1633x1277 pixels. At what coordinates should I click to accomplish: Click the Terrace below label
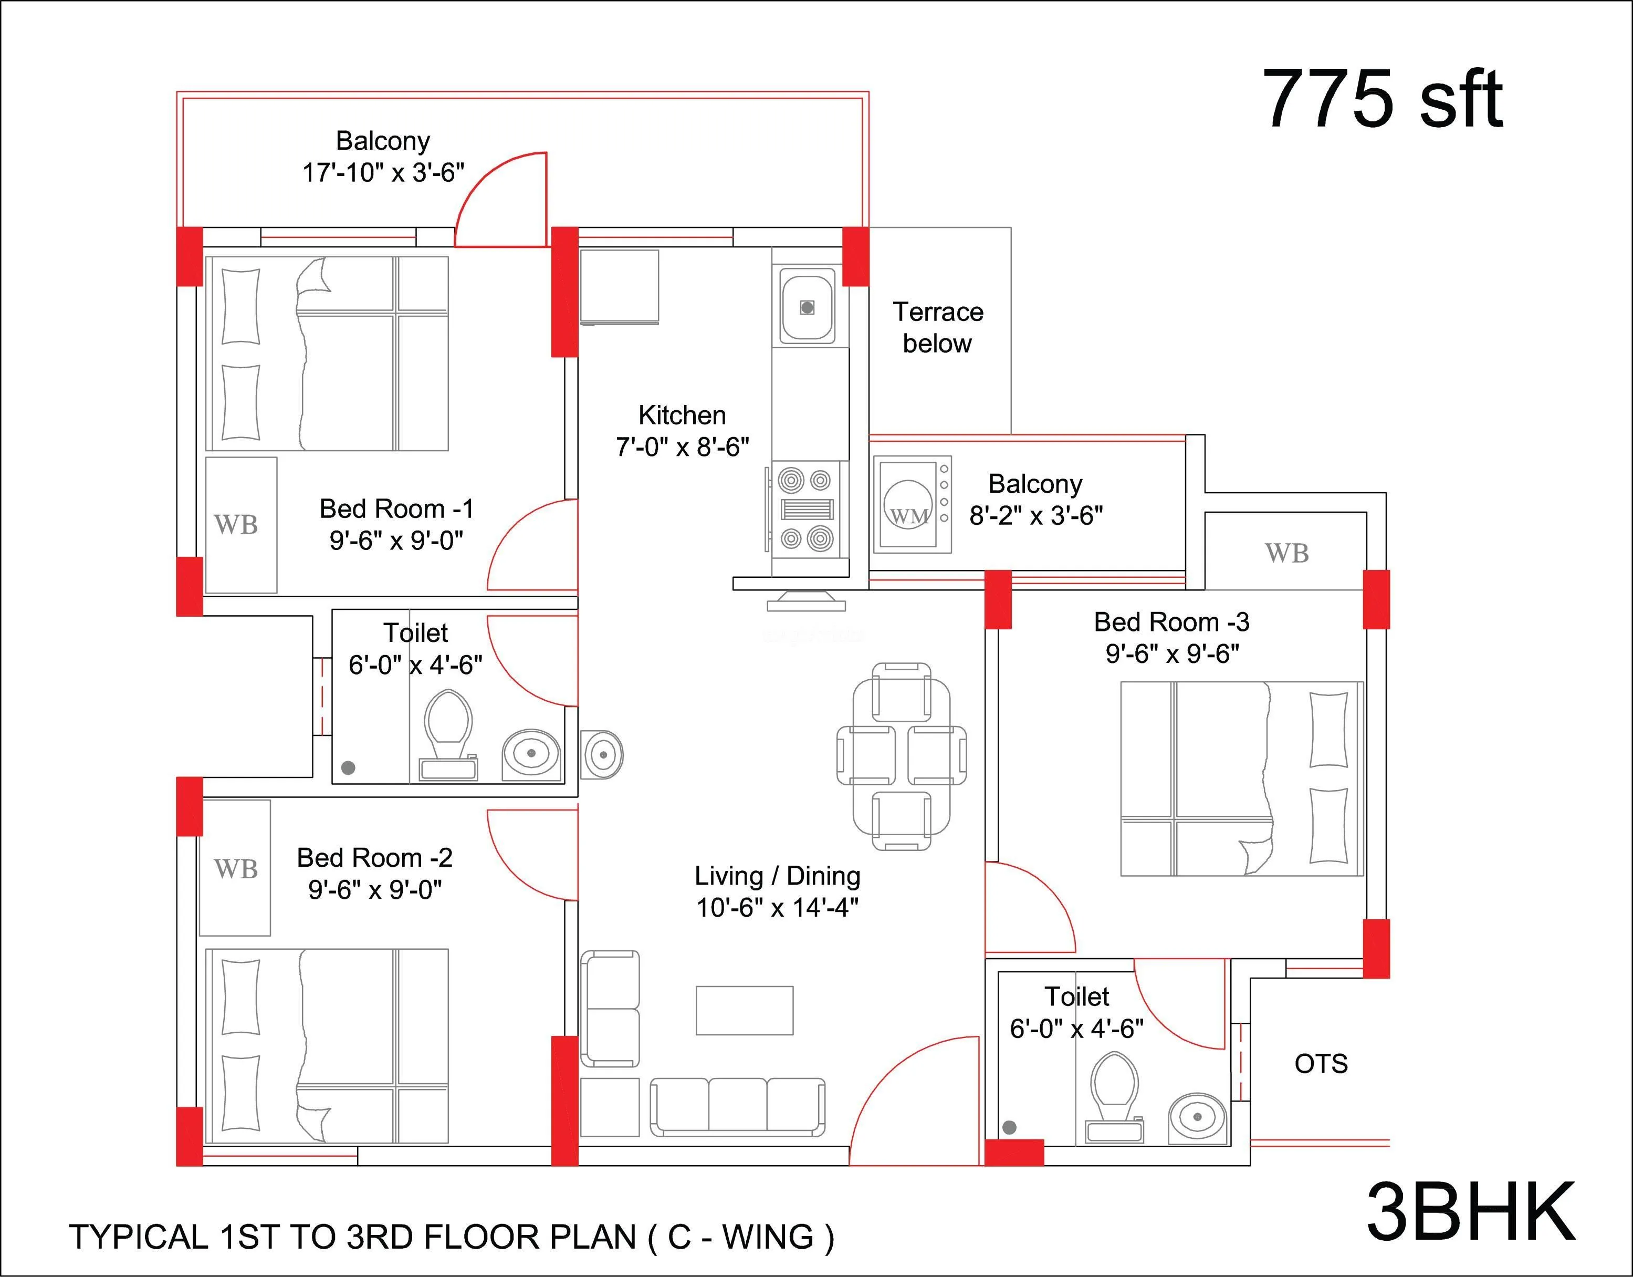(x=938, y=328)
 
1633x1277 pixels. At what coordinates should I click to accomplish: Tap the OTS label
(x=1321, y=1064)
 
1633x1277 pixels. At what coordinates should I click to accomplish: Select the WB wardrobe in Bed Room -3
(x=1286, y=554)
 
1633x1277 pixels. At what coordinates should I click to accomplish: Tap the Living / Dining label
(x=777, y=875)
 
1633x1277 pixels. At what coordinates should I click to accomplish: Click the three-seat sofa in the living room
(x=737, y=1107)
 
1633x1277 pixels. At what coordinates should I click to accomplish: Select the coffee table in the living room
(x=744, y=1010)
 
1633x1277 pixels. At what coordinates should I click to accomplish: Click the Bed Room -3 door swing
(x=1028, y=909)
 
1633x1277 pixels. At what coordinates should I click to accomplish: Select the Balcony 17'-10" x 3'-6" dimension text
(x=383, y=173)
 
